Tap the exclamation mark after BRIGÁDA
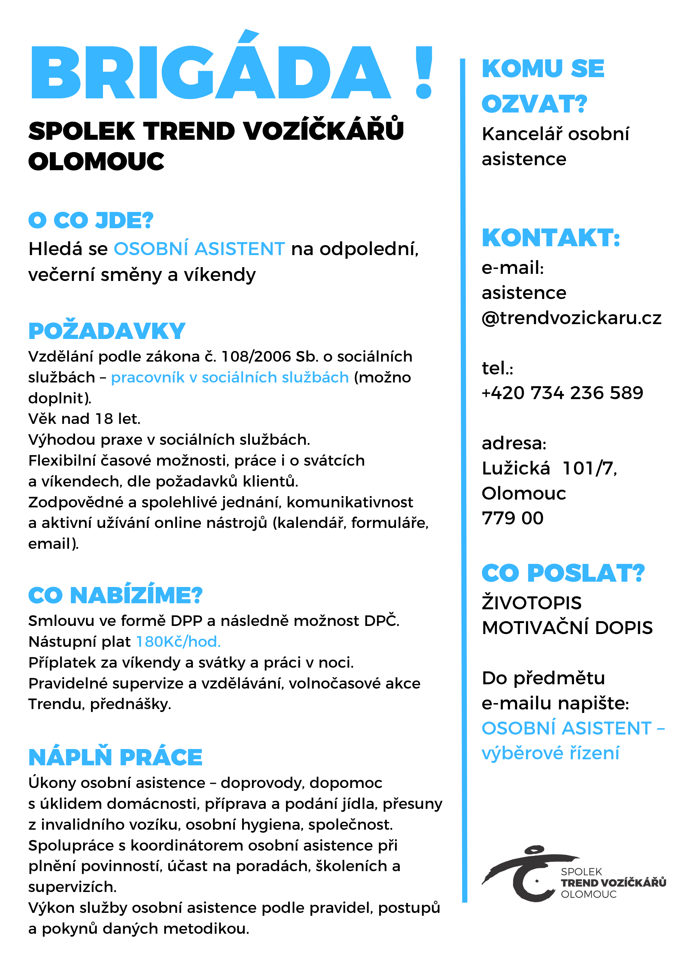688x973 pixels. pyautogui.click(x=424, y=72)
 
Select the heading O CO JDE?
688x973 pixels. pyautogui.click(x=91, y=220)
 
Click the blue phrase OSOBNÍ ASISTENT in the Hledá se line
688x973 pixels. pyautogui.click(x=199, y=249)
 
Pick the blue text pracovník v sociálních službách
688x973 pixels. pyautogui.click(x=230, y=377)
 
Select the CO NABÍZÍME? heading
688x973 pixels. pyautogui.click(x=115, y=595)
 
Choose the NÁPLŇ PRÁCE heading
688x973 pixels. pyautogui.click(x=115, y=757)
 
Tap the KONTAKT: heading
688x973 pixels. pyautogui.click(x=551, y=238)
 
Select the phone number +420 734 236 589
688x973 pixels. pyautogui.click(x=562, y=393)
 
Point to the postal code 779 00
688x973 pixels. pyautogui.click(x=512, y=518)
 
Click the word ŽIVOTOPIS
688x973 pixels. pyautogui.click(x=532, y=603)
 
